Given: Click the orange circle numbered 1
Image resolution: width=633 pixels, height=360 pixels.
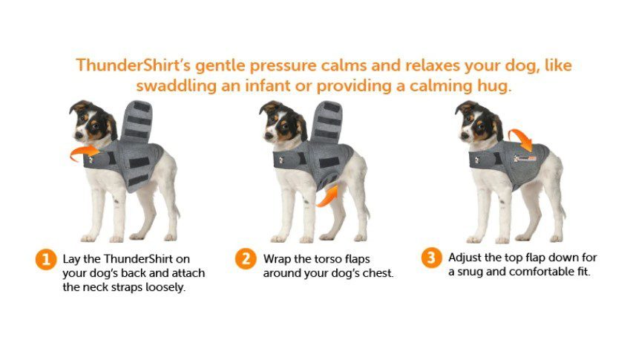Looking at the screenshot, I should click(45, 261).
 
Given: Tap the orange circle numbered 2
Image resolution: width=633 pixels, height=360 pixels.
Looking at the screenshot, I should click(245, 259).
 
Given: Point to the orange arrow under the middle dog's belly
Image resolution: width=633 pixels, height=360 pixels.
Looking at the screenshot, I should click(327, 195).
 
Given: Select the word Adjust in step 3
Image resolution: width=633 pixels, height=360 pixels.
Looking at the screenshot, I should click(465, 258).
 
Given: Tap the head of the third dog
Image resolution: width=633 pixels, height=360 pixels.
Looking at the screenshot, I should click(474, 120).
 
